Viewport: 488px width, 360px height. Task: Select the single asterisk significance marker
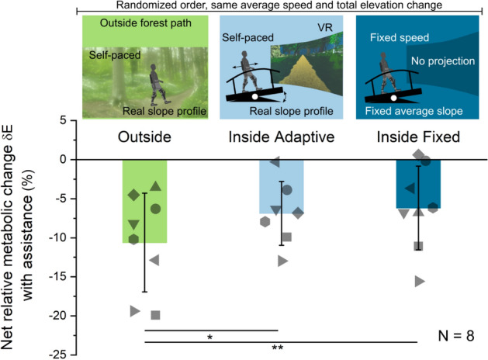pyautogui.click(x=210, y=337)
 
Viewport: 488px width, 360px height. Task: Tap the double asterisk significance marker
pyautogui.click(x=277, y=348)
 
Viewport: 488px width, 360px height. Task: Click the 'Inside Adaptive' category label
pyautogui.click(x=280, y=138)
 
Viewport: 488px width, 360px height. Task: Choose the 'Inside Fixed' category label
pyautogui.click(x=418, y=138)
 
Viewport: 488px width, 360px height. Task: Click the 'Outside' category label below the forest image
pyautogui.click(x=144, y=138)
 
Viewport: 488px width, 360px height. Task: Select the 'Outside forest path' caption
pyautogui.click(x=144, y=23)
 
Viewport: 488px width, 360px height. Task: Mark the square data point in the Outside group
pyautogui.click(x=155, y=315)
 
